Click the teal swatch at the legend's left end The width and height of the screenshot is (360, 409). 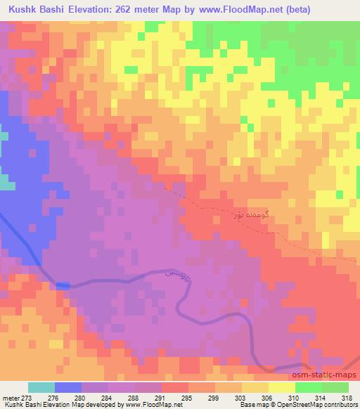[x=41, y=387]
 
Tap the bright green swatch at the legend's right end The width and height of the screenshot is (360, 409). [x=335, y=387]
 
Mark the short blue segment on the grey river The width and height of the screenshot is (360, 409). [x=63, y=285]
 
